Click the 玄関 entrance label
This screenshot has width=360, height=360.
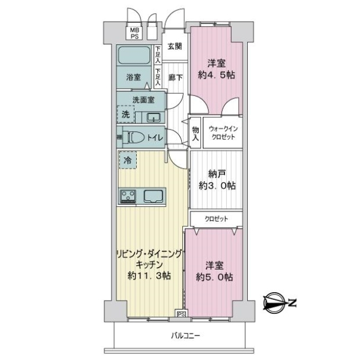tap(175, 46)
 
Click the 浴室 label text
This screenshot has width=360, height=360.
tap(133, 77)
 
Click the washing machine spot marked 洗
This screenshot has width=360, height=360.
tap(125, 114)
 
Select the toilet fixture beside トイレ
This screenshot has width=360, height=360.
tap(133, 137)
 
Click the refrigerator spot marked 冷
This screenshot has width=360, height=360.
tap(127, 160)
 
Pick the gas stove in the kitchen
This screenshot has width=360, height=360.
tap(128, 196)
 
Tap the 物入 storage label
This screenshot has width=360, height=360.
tap(196, 133)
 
